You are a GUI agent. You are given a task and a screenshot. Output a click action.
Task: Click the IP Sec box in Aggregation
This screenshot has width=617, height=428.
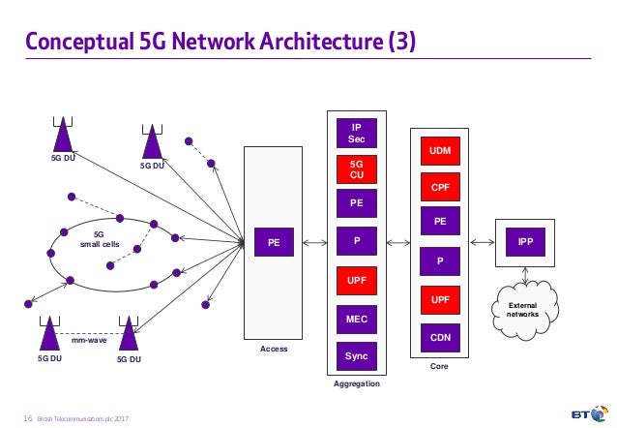pyautogui.click(x=356, y=133)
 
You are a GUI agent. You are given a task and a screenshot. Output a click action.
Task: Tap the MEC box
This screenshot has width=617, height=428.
pyautogui.click(x=356, y=318)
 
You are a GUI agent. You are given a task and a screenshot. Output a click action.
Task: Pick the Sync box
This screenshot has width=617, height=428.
pyautogui.click(x=356, y=355)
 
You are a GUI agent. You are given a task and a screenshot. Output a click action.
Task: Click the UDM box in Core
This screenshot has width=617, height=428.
pyautogui.click(x=440, y=152)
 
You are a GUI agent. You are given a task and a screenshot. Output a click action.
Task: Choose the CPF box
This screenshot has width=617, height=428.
pyautogui.click(x=440, y=186)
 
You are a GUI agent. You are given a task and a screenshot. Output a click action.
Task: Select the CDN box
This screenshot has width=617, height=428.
pyautogui.click(x=440, y=338)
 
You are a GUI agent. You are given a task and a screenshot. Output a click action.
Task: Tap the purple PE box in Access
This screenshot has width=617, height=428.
pyautogui.click(x=275, y=244)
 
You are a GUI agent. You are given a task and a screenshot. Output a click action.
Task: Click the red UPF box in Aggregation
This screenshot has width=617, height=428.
pyautogui.click(x=356, y=280)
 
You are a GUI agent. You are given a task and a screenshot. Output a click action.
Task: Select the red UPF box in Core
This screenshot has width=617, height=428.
pyautogui.click(x=440, y=301)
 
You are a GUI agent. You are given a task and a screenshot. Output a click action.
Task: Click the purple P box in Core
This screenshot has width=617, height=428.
pyautogui.click(x=440, y=260)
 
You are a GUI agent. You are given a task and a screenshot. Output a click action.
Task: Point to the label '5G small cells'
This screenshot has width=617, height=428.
pyautogui.click(x=98, y=238)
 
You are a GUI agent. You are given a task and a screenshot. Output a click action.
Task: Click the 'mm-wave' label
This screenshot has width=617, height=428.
pyautogui.click(x=89, y=340)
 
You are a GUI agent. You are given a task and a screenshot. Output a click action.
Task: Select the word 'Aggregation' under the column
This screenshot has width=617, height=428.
pyautogui.click(x=356, y=384)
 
